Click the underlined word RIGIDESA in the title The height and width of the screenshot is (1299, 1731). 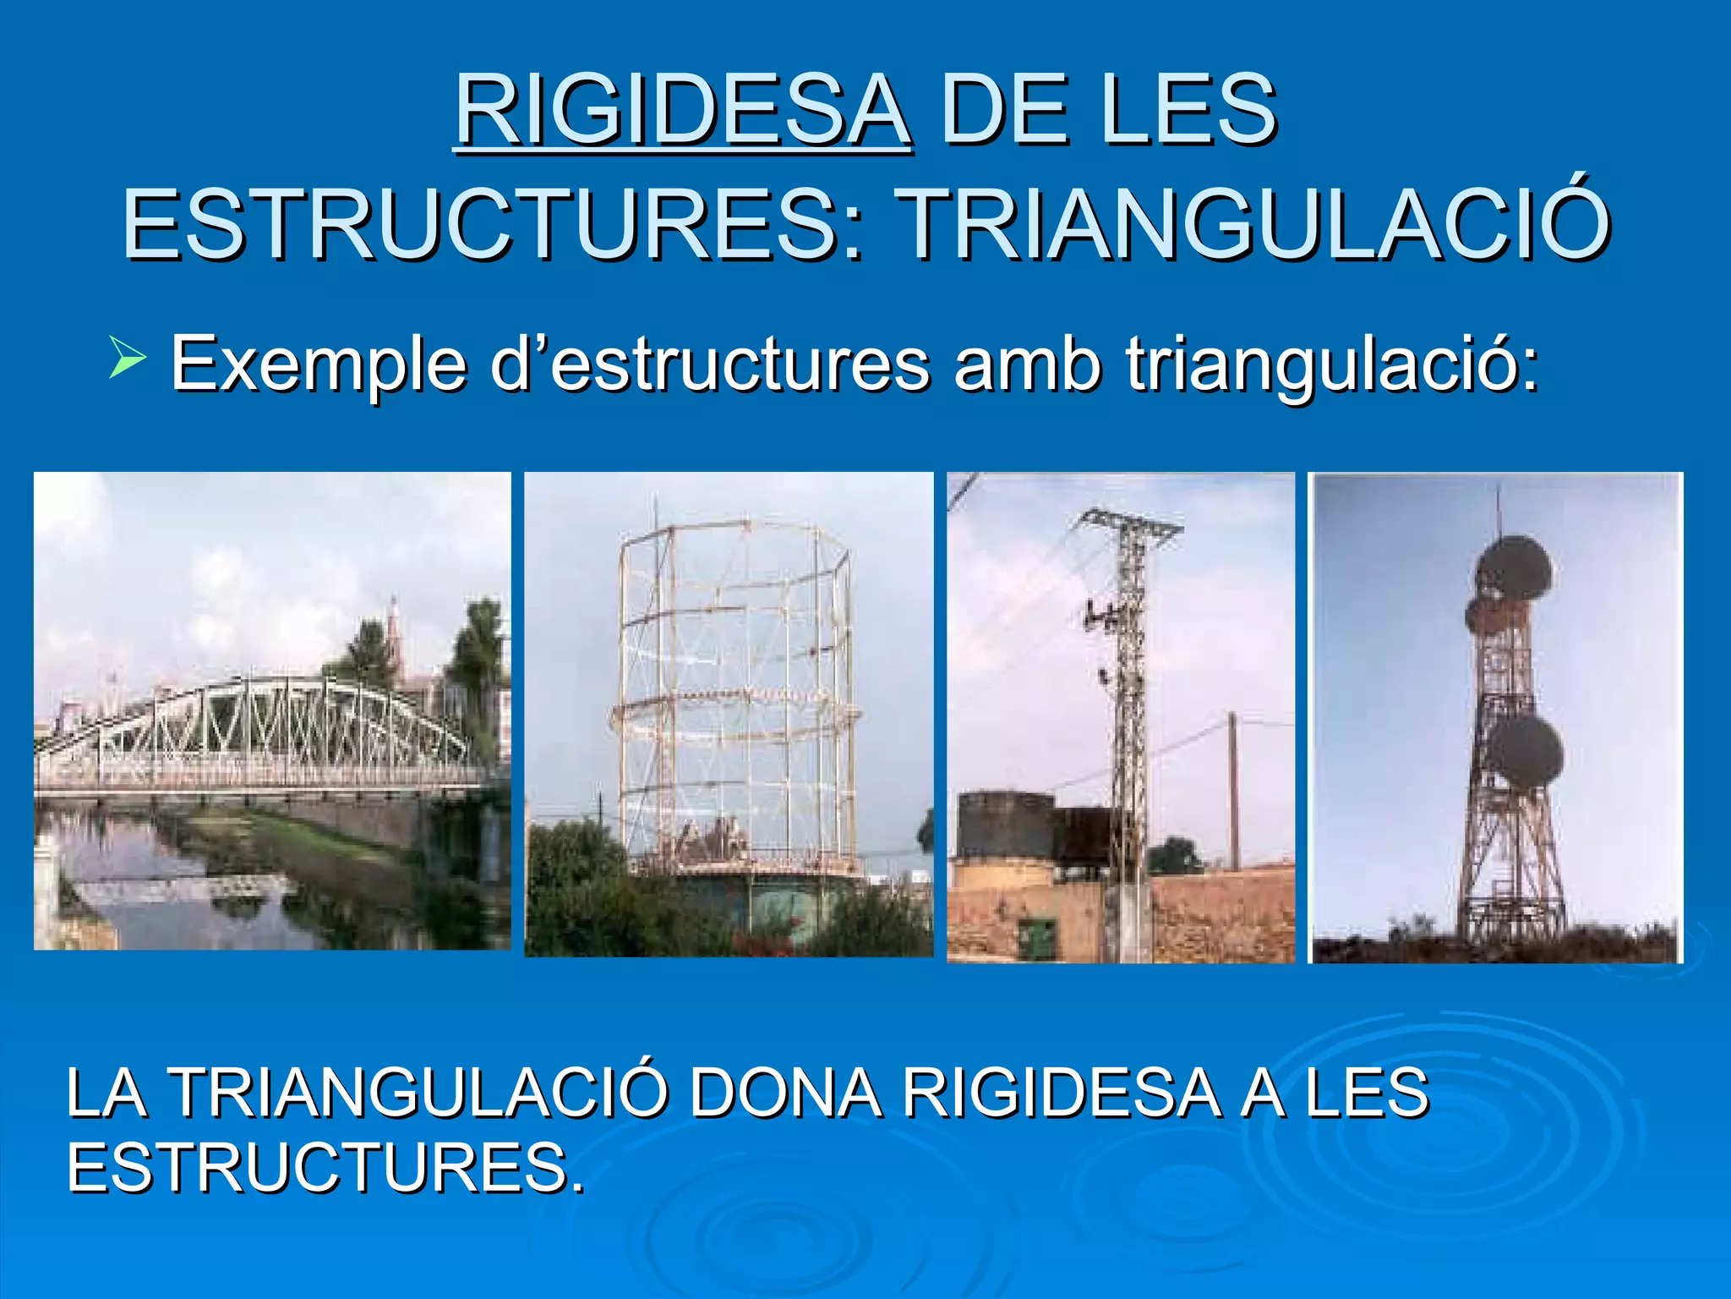click(683, 111)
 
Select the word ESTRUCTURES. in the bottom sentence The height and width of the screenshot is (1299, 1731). click(325, 1167)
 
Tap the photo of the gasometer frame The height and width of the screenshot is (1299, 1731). click(729, 715)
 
